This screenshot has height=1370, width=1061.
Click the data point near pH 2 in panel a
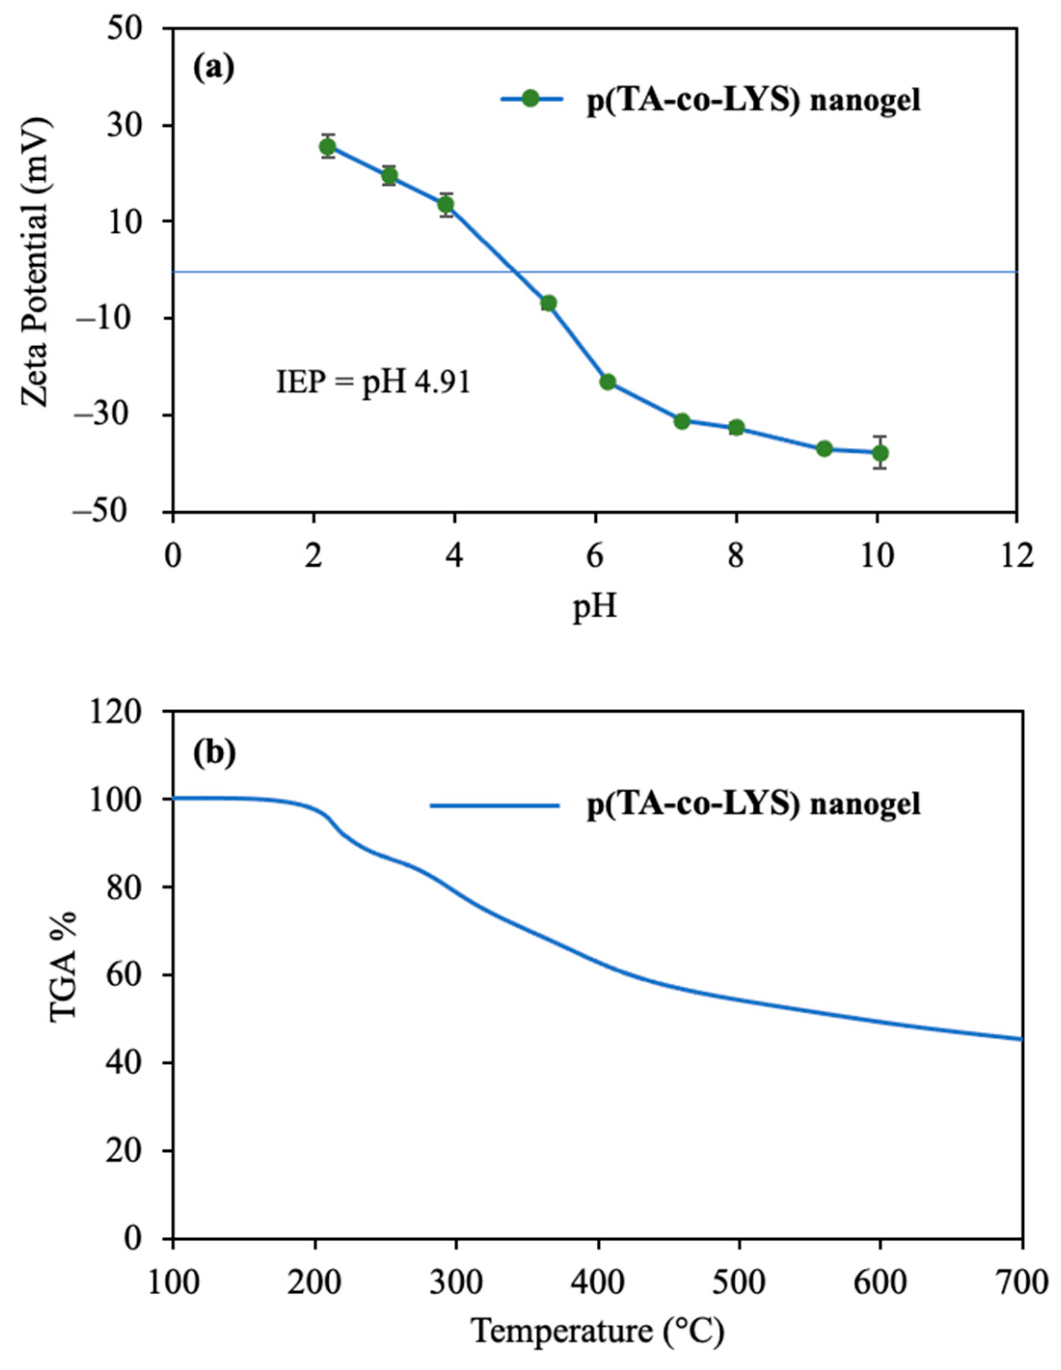pos(327,147)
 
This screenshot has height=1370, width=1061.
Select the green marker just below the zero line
pos(549,303)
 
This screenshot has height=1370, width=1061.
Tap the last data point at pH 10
pos(880,453)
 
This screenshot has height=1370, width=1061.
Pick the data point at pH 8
pos(736,428)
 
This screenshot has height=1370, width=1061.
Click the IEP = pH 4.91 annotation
pos(373,382)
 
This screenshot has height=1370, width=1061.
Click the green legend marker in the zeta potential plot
pos(530,98)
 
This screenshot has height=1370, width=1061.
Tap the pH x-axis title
pos(594,607)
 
